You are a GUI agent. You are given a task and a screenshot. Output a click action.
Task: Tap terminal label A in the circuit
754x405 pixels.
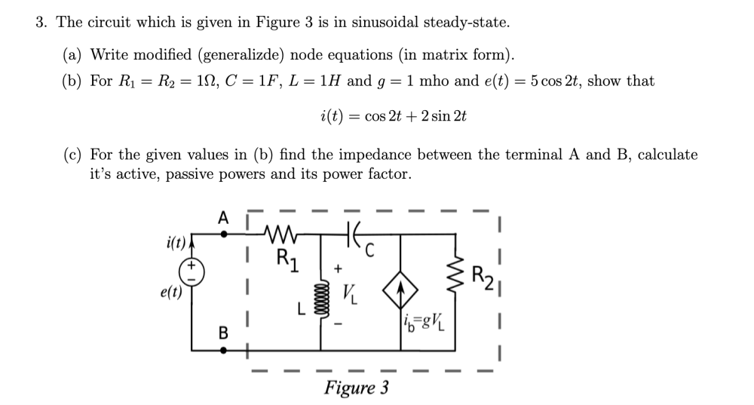(x=222, y=218)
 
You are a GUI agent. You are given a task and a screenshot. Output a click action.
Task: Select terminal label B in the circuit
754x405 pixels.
(x=222, y=333)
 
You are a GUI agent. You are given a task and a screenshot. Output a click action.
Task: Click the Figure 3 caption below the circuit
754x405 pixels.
(x=357, y=388)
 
